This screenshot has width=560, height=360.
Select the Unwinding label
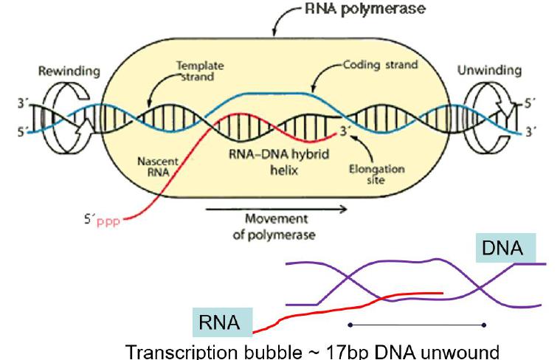tap(490, 71)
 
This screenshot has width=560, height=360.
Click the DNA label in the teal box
tap(502, 249)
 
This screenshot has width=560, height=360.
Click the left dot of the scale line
tap(349, 325)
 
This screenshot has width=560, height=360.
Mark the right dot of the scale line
tap(483, 325)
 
